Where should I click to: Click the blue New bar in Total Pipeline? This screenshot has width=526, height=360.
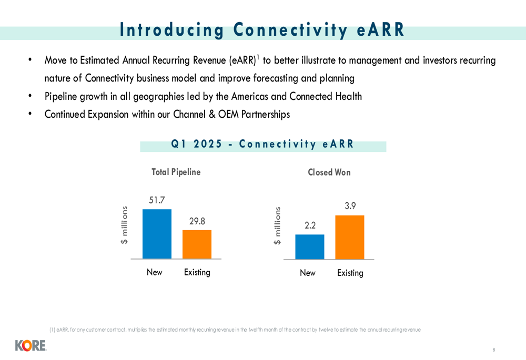pos(157,234)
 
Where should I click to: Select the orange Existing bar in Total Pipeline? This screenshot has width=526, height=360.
pos(197,244)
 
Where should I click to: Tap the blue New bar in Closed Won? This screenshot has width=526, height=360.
pos(310,246)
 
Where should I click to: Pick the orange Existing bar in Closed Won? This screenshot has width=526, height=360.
pos(350,238)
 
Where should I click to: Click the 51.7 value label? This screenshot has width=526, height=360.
pos(157,200)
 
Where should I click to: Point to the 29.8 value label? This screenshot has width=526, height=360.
pos(197,221)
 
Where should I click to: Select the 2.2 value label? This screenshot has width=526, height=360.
pos(310,225)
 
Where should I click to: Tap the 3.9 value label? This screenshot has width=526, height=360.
pos(350,206)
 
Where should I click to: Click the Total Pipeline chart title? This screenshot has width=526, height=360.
pos(176,172)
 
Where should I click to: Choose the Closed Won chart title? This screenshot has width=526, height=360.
pos(329,172)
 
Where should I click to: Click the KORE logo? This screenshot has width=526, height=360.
pos(31,346)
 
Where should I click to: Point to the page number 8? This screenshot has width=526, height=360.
pos(494,349)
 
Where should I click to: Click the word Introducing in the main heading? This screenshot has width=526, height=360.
pos(172,30)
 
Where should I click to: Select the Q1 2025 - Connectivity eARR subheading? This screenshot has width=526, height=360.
pos(262,144)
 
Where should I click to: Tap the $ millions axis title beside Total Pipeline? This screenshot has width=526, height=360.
pos(124,225)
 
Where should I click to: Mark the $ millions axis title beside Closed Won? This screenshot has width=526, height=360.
pos(277,225)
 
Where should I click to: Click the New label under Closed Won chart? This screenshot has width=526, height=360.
pos(308,273)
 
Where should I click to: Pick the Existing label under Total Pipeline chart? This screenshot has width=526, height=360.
pos(197,272)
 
